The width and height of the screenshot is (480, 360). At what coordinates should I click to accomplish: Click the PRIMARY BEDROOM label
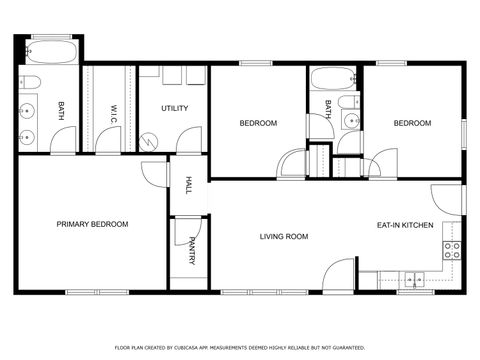point(92,225)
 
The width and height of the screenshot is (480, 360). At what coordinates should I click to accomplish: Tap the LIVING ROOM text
point(283,237)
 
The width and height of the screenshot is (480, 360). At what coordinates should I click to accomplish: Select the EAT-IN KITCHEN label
point(405,226)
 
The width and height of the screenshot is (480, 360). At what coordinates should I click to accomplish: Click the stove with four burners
point(451,250)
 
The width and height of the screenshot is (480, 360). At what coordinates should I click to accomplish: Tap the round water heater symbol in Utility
point(150,141)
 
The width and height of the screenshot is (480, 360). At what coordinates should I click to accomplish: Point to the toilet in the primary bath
point(30,82)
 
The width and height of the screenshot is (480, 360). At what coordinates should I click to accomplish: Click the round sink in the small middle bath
point(350,122)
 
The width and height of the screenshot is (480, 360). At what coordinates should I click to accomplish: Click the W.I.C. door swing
point(107,141)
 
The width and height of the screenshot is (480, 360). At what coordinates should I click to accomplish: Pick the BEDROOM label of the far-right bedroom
point(412,123)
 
